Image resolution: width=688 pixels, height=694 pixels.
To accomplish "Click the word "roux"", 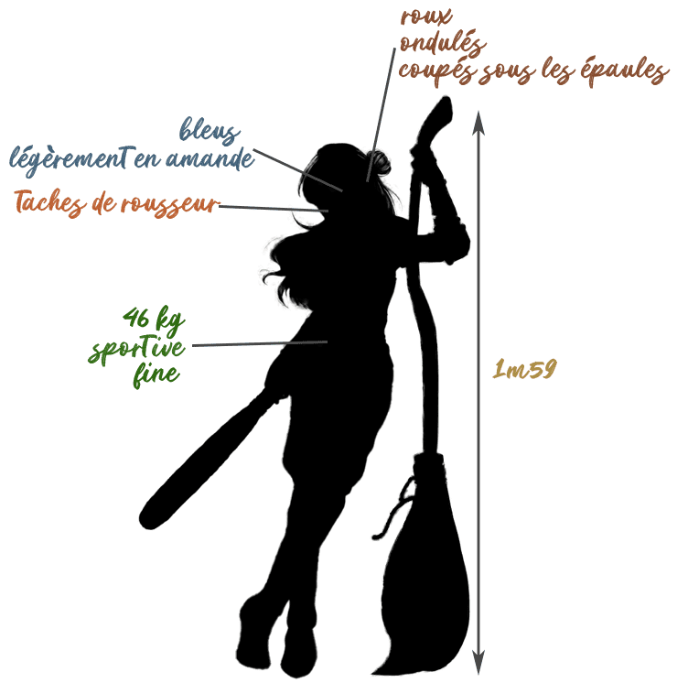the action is coord(425,16).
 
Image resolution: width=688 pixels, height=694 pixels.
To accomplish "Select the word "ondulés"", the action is coord(443,43).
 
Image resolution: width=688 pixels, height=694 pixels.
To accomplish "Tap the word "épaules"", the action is coord(623,70).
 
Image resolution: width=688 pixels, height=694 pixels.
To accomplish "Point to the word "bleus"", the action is coord(210,130).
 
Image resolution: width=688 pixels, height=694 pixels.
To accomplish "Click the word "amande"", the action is coord(210,158).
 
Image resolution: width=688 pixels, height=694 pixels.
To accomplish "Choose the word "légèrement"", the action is coord(70,160).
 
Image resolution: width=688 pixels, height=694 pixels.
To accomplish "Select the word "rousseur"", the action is coord(170,205).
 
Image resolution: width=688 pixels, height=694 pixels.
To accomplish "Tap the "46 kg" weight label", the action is coord(154,319).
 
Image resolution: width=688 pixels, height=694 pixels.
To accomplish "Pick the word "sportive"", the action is coord(136,349).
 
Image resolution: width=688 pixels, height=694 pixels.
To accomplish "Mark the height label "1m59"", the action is coord(524,369).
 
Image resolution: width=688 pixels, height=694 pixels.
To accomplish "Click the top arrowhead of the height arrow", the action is coord(478,122).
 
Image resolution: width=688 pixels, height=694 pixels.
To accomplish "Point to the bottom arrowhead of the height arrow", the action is coord(478,662).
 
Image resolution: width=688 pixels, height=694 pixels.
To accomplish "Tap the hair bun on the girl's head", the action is coord(379,162).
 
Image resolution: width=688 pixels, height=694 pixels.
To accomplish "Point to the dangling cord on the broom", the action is coord(394,509).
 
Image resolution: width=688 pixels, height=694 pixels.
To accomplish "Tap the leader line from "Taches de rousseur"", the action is coord(274,209).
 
